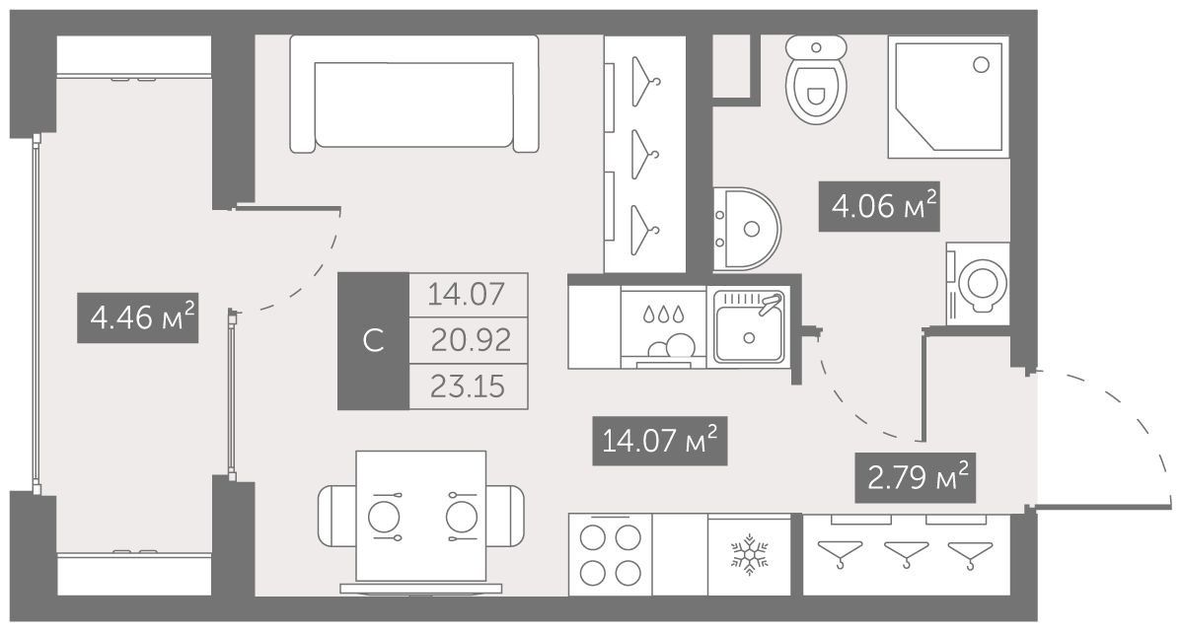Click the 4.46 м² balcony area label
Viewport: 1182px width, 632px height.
pos(138,317)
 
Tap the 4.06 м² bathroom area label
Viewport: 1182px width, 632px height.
pos(880,206)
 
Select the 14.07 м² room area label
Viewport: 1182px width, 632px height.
pos(660,440)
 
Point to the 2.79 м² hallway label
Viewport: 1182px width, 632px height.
pos(916,477)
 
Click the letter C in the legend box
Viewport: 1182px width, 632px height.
pos(373,341)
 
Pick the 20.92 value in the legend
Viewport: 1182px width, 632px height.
pos(471,340)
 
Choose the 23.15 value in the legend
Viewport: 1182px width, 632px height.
pos(468,387)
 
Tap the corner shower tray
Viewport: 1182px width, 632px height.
pos(948,98)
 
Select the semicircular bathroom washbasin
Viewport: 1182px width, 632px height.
pos(746,228)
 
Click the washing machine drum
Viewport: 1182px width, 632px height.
pos(983,285)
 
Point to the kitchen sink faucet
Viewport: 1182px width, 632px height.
pos(769,304)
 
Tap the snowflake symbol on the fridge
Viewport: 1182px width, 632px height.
pos(749,556)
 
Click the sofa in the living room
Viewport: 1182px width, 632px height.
pos(413,95)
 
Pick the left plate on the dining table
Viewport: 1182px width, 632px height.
pos(382,517)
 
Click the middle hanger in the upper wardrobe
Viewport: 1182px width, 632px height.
pos(644,154)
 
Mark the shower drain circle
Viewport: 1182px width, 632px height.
pos(981,65)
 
